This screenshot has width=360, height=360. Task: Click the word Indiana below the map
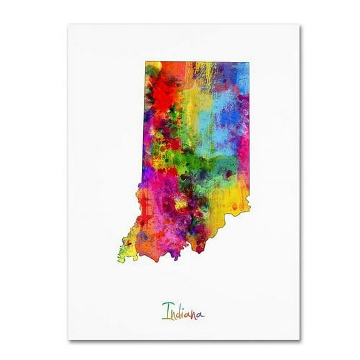(182, 311)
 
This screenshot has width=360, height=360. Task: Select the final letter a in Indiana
(201, 313)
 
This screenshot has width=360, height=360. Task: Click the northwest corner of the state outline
(146, 62)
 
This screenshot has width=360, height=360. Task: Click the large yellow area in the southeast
(231, 200)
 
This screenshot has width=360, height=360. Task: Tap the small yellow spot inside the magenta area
(181, 203)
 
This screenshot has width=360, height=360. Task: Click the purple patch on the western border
(146, 175)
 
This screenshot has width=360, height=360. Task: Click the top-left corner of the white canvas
(69, 25)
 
